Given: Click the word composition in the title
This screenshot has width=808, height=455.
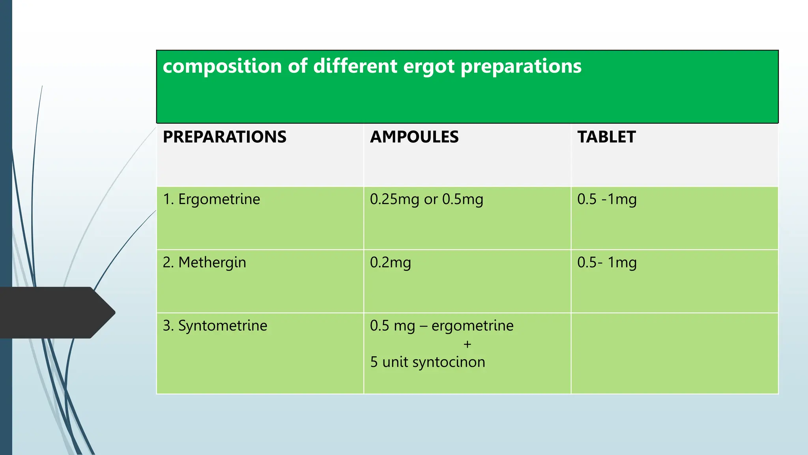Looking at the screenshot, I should tap(222, 66).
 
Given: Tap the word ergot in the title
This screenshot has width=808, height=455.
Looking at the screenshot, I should tap(429, 66).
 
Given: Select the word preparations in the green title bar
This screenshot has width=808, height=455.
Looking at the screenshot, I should tap(521, 66).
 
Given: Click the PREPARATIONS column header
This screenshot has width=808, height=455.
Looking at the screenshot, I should tap(224, 137).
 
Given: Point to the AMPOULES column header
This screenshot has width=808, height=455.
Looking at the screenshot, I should tap(414, 137).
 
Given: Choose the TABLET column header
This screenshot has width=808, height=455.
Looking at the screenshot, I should tap(606, 137).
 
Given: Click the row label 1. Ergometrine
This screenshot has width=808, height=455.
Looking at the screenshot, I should tap(211, 199).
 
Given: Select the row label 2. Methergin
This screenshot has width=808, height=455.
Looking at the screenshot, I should tap(204, 262).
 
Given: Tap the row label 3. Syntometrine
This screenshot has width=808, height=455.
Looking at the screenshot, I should tap(215, 325).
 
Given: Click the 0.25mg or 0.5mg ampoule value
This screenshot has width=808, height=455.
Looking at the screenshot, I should tap(426, 199).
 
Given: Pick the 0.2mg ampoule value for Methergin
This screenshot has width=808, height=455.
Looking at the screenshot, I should tap(390, 262).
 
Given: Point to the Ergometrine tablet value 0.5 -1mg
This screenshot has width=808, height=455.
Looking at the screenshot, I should tap(607, 199).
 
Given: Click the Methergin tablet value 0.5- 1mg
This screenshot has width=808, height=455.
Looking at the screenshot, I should tap(607, 262).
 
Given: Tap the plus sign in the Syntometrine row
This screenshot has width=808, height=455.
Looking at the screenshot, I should tap(468, 344).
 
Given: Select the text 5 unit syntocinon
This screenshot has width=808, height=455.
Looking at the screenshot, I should tap(428, 362).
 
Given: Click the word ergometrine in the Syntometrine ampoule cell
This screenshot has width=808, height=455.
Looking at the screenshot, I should tap(472, 325).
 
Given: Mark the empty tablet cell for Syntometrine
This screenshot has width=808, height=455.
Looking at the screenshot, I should tap(674, 353).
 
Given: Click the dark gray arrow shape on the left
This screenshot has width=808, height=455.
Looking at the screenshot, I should tap(55, 312).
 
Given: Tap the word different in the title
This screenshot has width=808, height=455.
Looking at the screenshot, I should tap(355, 66).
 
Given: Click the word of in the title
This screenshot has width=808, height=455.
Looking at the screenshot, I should tap(297, 66).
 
